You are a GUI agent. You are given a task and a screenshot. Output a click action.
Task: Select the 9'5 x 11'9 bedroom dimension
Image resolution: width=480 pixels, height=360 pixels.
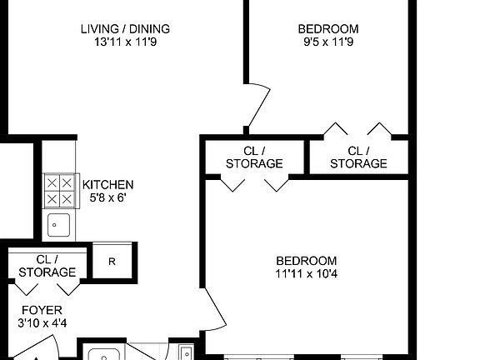tap(328, 42)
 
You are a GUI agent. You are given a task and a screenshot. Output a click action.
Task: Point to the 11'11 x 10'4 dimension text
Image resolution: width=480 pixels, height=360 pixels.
tap(307, 273)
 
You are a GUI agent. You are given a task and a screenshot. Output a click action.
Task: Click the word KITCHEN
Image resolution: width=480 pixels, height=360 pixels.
tap(107, 184)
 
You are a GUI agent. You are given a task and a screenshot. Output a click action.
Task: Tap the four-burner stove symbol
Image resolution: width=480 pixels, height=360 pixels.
tap(59, 191)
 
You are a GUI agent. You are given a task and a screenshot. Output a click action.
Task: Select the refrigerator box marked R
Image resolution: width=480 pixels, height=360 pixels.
tap(111, 261)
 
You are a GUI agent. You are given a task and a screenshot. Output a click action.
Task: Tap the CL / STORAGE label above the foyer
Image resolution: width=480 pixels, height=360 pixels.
tap(47, 266)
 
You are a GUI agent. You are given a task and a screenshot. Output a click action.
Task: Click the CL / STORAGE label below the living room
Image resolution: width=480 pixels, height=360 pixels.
tap(254, 157)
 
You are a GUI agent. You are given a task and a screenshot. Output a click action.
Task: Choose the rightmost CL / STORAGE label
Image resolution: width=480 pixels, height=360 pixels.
tap(358, 157)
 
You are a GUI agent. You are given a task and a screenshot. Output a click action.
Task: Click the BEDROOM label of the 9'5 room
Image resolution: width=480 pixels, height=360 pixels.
tap(328, 29)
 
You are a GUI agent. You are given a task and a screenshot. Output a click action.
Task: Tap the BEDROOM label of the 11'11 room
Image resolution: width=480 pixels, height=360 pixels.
tap(307, 260)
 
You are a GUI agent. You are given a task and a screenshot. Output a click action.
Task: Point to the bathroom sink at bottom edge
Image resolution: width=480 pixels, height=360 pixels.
tap(105, 354)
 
